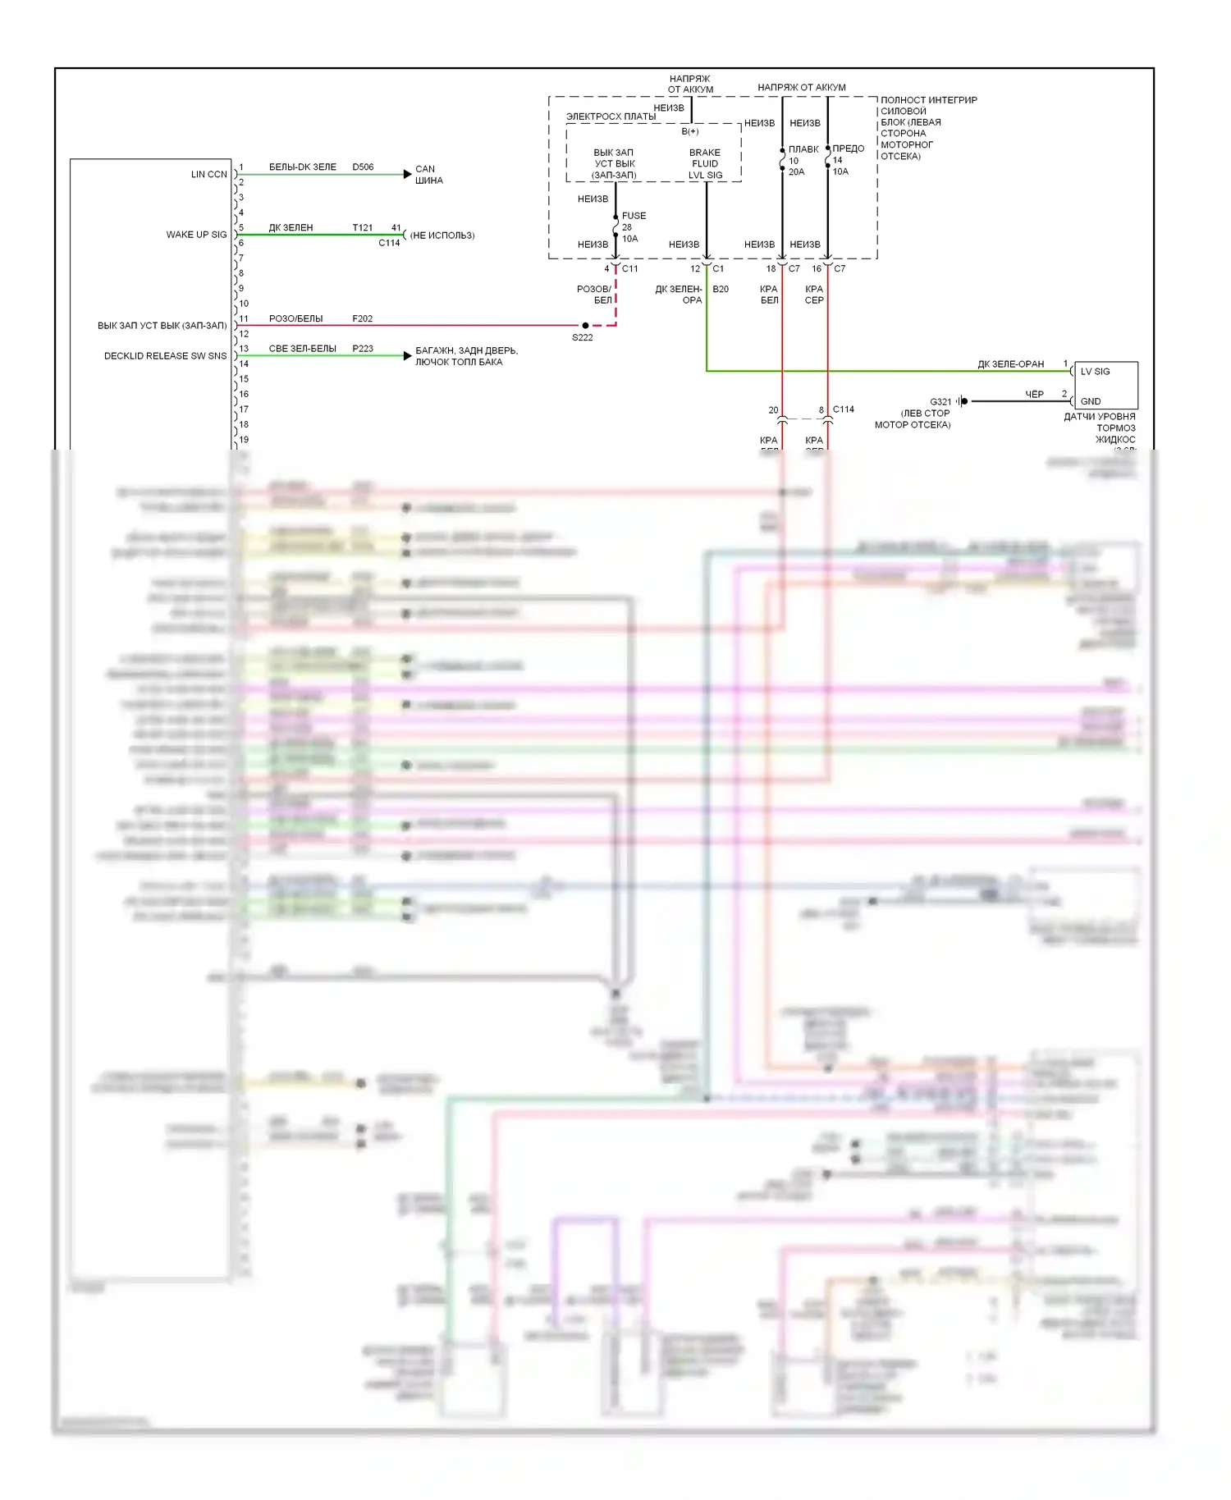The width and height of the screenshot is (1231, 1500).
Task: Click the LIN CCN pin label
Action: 208,174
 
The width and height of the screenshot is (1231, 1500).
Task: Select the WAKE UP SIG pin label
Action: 196,235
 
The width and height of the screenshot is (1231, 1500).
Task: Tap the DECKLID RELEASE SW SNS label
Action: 165,356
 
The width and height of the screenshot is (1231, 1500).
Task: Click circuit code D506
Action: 363,167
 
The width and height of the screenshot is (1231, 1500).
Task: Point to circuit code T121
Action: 362,228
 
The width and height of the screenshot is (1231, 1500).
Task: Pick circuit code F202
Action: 362,319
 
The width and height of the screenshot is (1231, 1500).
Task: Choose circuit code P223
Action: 363,349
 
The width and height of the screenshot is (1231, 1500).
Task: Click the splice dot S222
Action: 585,326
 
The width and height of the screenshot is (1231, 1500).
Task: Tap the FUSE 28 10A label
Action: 633,227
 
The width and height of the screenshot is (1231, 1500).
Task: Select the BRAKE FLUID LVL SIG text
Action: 705,164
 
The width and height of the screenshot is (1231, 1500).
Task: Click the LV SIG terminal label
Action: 1095,372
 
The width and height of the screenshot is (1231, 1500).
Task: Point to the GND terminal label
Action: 1091,401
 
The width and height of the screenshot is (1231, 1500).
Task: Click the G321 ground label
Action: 940,402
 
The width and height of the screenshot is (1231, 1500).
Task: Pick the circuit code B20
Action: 721,290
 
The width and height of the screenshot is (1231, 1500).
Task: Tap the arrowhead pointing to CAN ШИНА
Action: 408,174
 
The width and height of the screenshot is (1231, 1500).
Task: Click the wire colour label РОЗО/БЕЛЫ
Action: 295,319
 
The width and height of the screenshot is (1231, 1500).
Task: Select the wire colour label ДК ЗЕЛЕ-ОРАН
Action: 1010,364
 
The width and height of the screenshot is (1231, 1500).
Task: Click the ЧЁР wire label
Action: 1034,395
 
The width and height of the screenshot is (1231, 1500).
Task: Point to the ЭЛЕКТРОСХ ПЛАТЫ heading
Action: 611,117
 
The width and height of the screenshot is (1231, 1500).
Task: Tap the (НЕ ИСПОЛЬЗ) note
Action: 442,236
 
